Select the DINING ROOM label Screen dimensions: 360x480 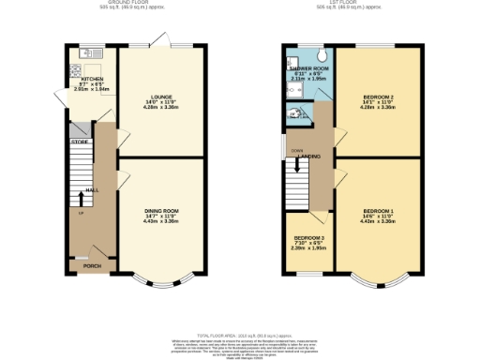[x=157, y=211]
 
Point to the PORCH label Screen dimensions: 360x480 [x=92, y=266]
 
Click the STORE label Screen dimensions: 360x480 [x=79, y=142]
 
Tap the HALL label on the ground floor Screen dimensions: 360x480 [x=92, y=190]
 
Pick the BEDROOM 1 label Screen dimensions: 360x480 [x=379, y=211]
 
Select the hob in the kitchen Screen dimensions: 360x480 [x=71, y=72]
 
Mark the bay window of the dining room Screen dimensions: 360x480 [x=156, y=280]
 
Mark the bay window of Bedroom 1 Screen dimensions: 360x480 [x=378, y=280]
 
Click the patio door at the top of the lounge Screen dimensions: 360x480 [x=156, y=43]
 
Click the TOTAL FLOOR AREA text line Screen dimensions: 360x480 [x=240, y=334]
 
